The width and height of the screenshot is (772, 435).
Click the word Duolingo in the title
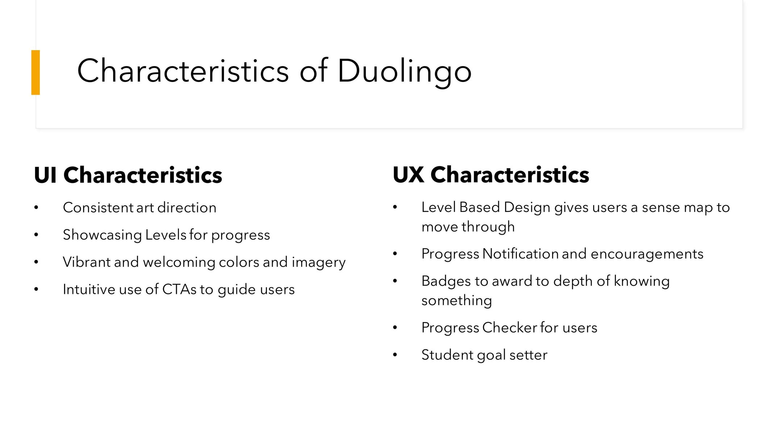click(x=404, y=71)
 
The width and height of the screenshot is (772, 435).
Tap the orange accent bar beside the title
click(x=36, y=72)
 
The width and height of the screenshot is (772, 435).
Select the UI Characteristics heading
click(x=128, y=175)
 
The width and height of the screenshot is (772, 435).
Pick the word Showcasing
click(x=103, y=235)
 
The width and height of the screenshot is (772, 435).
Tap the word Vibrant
click(x=87, y=262)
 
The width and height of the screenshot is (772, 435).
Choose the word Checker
click(x=510, y=327)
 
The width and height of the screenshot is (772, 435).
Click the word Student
click(x=447, y=354)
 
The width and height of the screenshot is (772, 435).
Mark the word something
click(x=457, y=301)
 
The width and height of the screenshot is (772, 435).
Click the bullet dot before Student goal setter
click(x=395, y=355)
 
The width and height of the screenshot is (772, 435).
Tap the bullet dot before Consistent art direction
click(x=36, y=208)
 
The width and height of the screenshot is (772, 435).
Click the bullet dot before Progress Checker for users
click(x=395, y=328)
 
